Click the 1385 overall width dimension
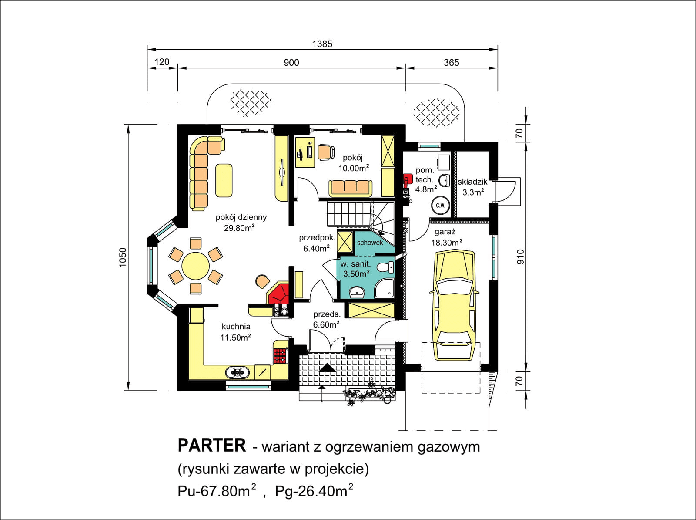(x=322, y=44)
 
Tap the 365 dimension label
(x=452, y=63)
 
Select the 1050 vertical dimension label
(x=123, y=257)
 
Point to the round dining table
(x=196, y=266)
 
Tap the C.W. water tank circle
(x=440, y=205)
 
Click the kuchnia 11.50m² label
(x=236, y=331)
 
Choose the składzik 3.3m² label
(x=472, y=187)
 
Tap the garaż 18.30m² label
(x=446, y=238)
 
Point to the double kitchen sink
(x=237, y=372)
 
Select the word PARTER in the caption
(x=212, y=446)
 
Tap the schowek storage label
(x=370, y=243)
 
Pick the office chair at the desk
(x=326, y=152)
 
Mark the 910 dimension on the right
(x=520, y=257)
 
